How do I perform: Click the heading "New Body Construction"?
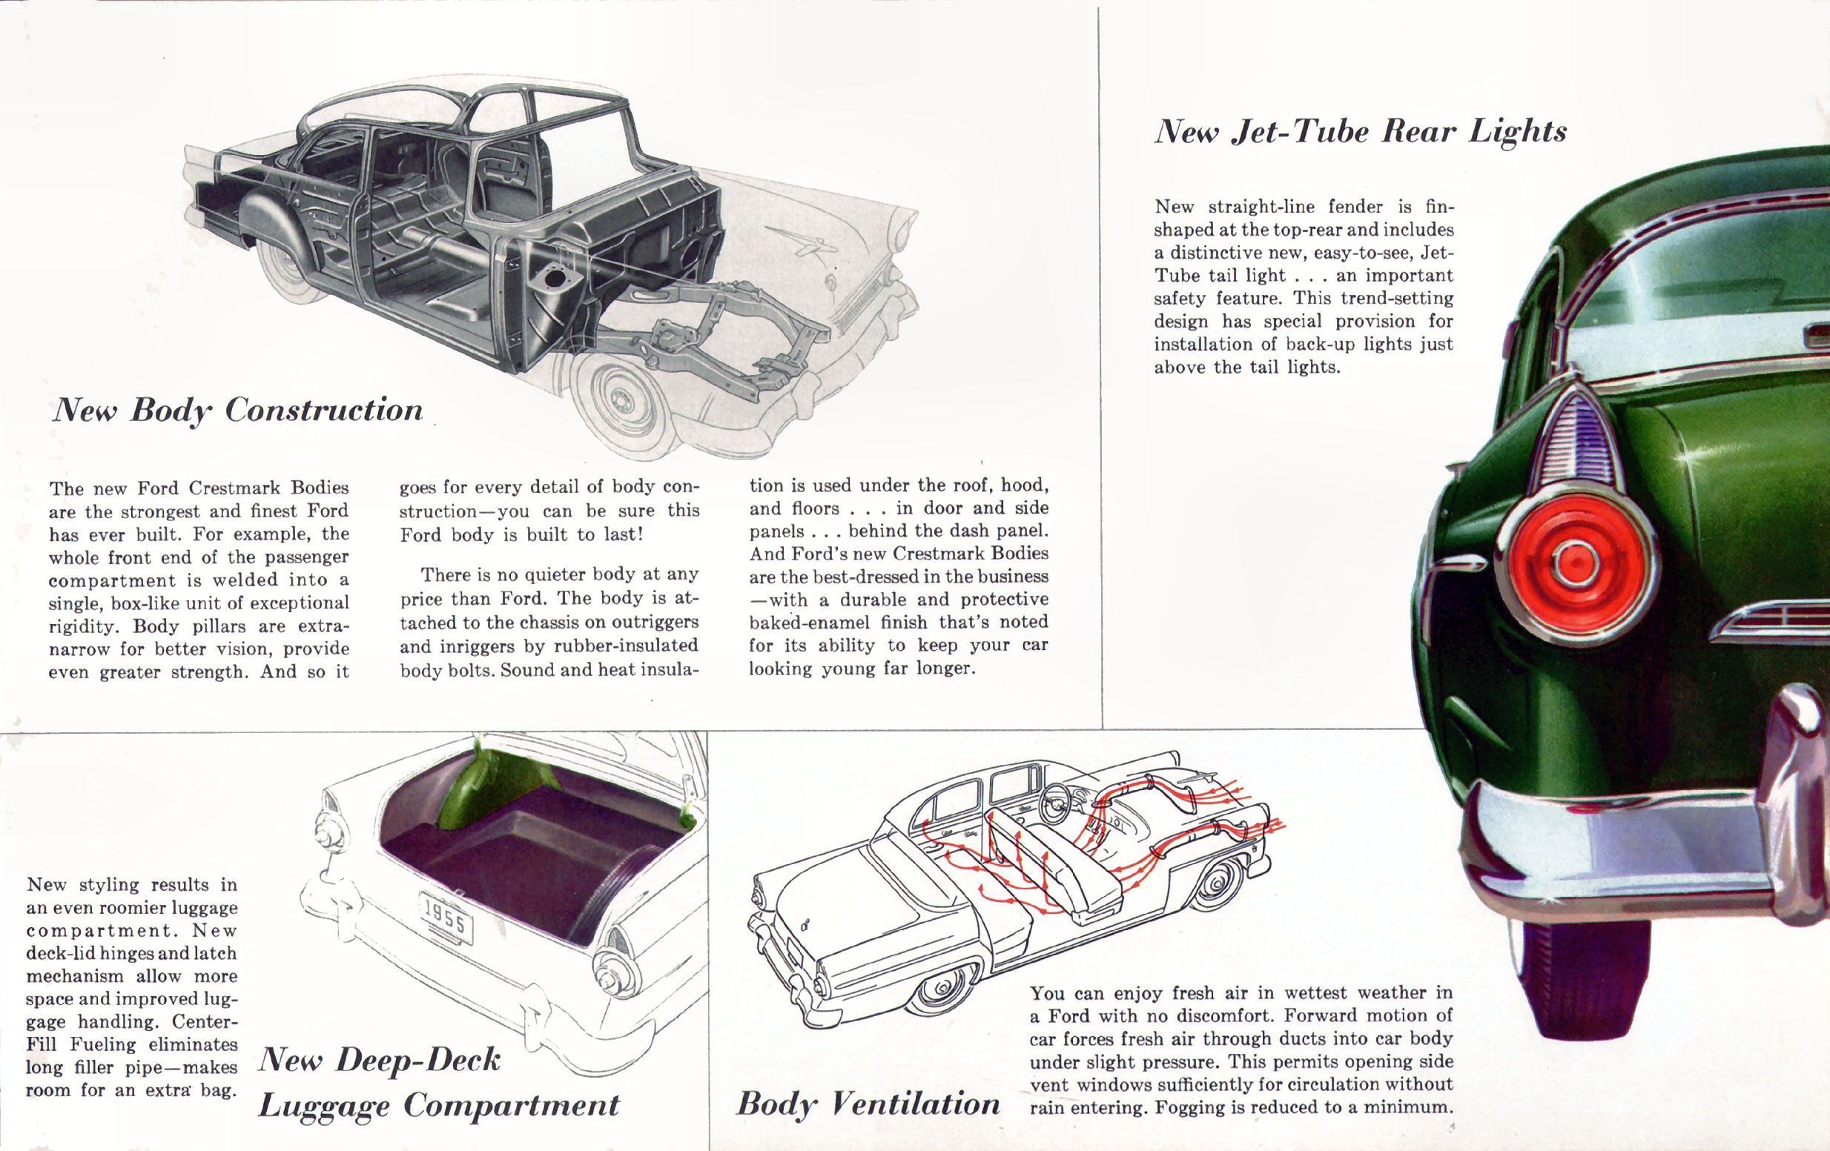pos(237,411)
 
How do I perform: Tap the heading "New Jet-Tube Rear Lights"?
pos(1361,132)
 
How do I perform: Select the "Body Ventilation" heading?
pos(868,1104)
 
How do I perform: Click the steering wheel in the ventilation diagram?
pos(1057,798)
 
